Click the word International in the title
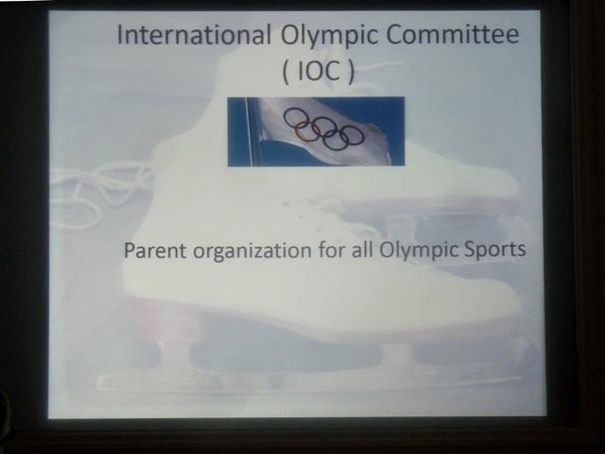pos(194,34)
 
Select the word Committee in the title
pos(452,34)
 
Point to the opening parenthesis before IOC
pos(285,73)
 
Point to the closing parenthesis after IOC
pos(351,73)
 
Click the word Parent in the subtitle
pos(155,251)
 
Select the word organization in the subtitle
pos(252,252)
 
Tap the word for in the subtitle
pos(332,250)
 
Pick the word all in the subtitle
pos(362,250)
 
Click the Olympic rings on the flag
pos(323,129)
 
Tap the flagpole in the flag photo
pos(249,131)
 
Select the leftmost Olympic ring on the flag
pos(295,117)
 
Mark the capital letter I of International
pos(120,34)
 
